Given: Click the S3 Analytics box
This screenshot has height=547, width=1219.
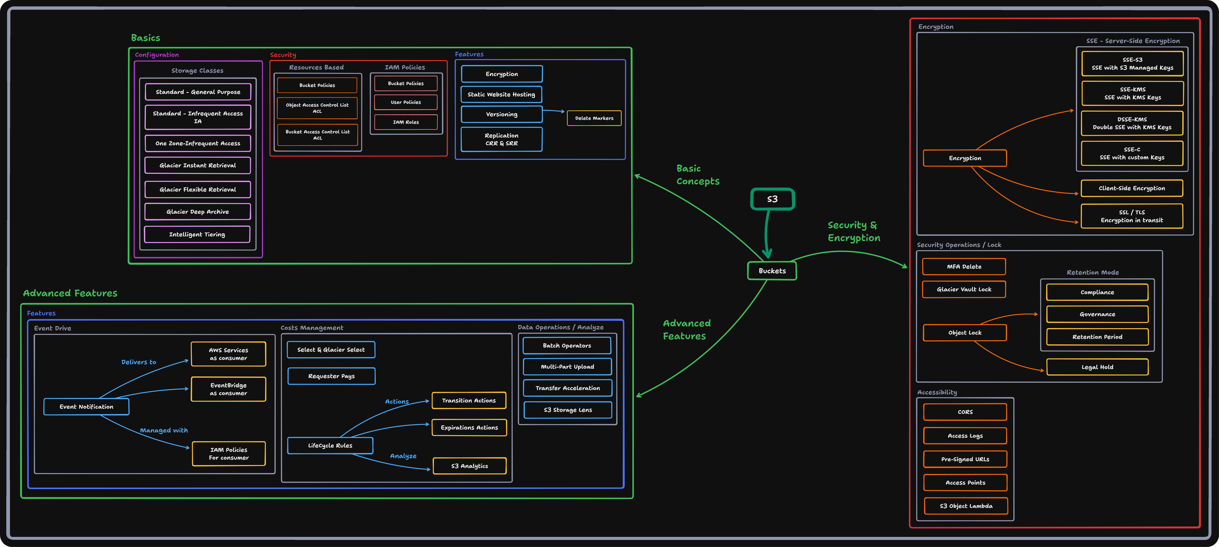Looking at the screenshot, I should click(x=469, y=466).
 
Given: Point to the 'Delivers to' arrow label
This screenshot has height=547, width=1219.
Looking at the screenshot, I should click(x=139, y=362).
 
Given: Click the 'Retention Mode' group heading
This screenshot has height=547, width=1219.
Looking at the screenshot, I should click(x=1093, y=273).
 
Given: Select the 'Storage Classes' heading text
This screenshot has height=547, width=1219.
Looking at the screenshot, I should click(x=197, y=71).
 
